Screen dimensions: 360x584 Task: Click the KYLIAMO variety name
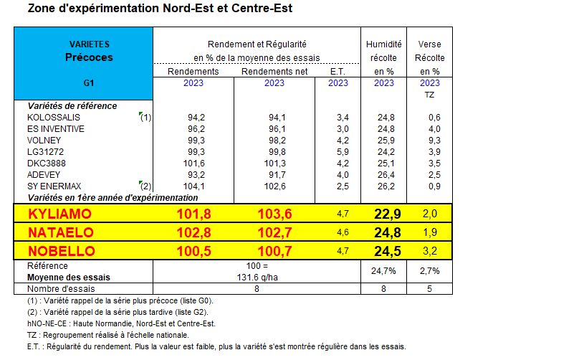click(x=59, y=213)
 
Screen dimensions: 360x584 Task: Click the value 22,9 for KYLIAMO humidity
click(x=384, y=213)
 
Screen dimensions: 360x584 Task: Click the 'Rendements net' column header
click(x=275, y=71)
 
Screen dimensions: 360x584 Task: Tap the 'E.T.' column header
click(x=338, y=71)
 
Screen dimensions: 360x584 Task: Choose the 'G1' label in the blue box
click(x=89, y=83)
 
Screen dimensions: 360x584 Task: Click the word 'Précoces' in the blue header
click(x=89, y=57)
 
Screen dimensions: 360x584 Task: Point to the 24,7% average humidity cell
click(x=384, y=271)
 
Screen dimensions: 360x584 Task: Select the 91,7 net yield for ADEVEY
click(x=275, y=175)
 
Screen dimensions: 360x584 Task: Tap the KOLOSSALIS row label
click(x=54, y=118)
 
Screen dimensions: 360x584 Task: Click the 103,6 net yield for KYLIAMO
click(x=275, y=213)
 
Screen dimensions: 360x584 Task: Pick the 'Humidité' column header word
click(x=384, y=44)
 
